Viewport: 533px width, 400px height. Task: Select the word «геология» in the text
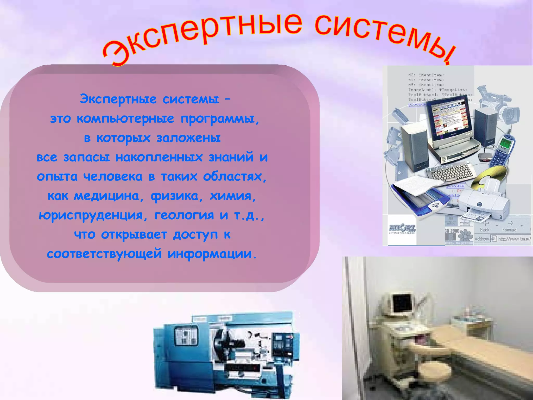[x=184, y=215]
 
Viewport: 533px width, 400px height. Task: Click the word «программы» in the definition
[x=220, y=119]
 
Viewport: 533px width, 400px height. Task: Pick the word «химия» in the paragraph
[x=233, y=196]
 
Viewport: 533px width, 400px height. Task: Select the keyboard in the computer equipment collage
[x=450, y=172]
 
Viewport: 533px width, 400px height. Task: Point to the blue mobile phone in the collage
[x=502, y=151]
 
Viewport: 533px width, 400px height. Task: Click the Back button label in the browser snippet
[x=485, y=230]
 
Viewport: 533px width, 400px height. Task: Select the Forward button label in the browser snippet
[x=509, y=230]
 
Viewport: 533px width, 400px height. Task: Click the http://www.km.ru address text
[x=514, y=239]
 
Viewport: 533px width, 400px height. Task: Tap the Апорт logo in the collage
[x=402, y=229]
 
